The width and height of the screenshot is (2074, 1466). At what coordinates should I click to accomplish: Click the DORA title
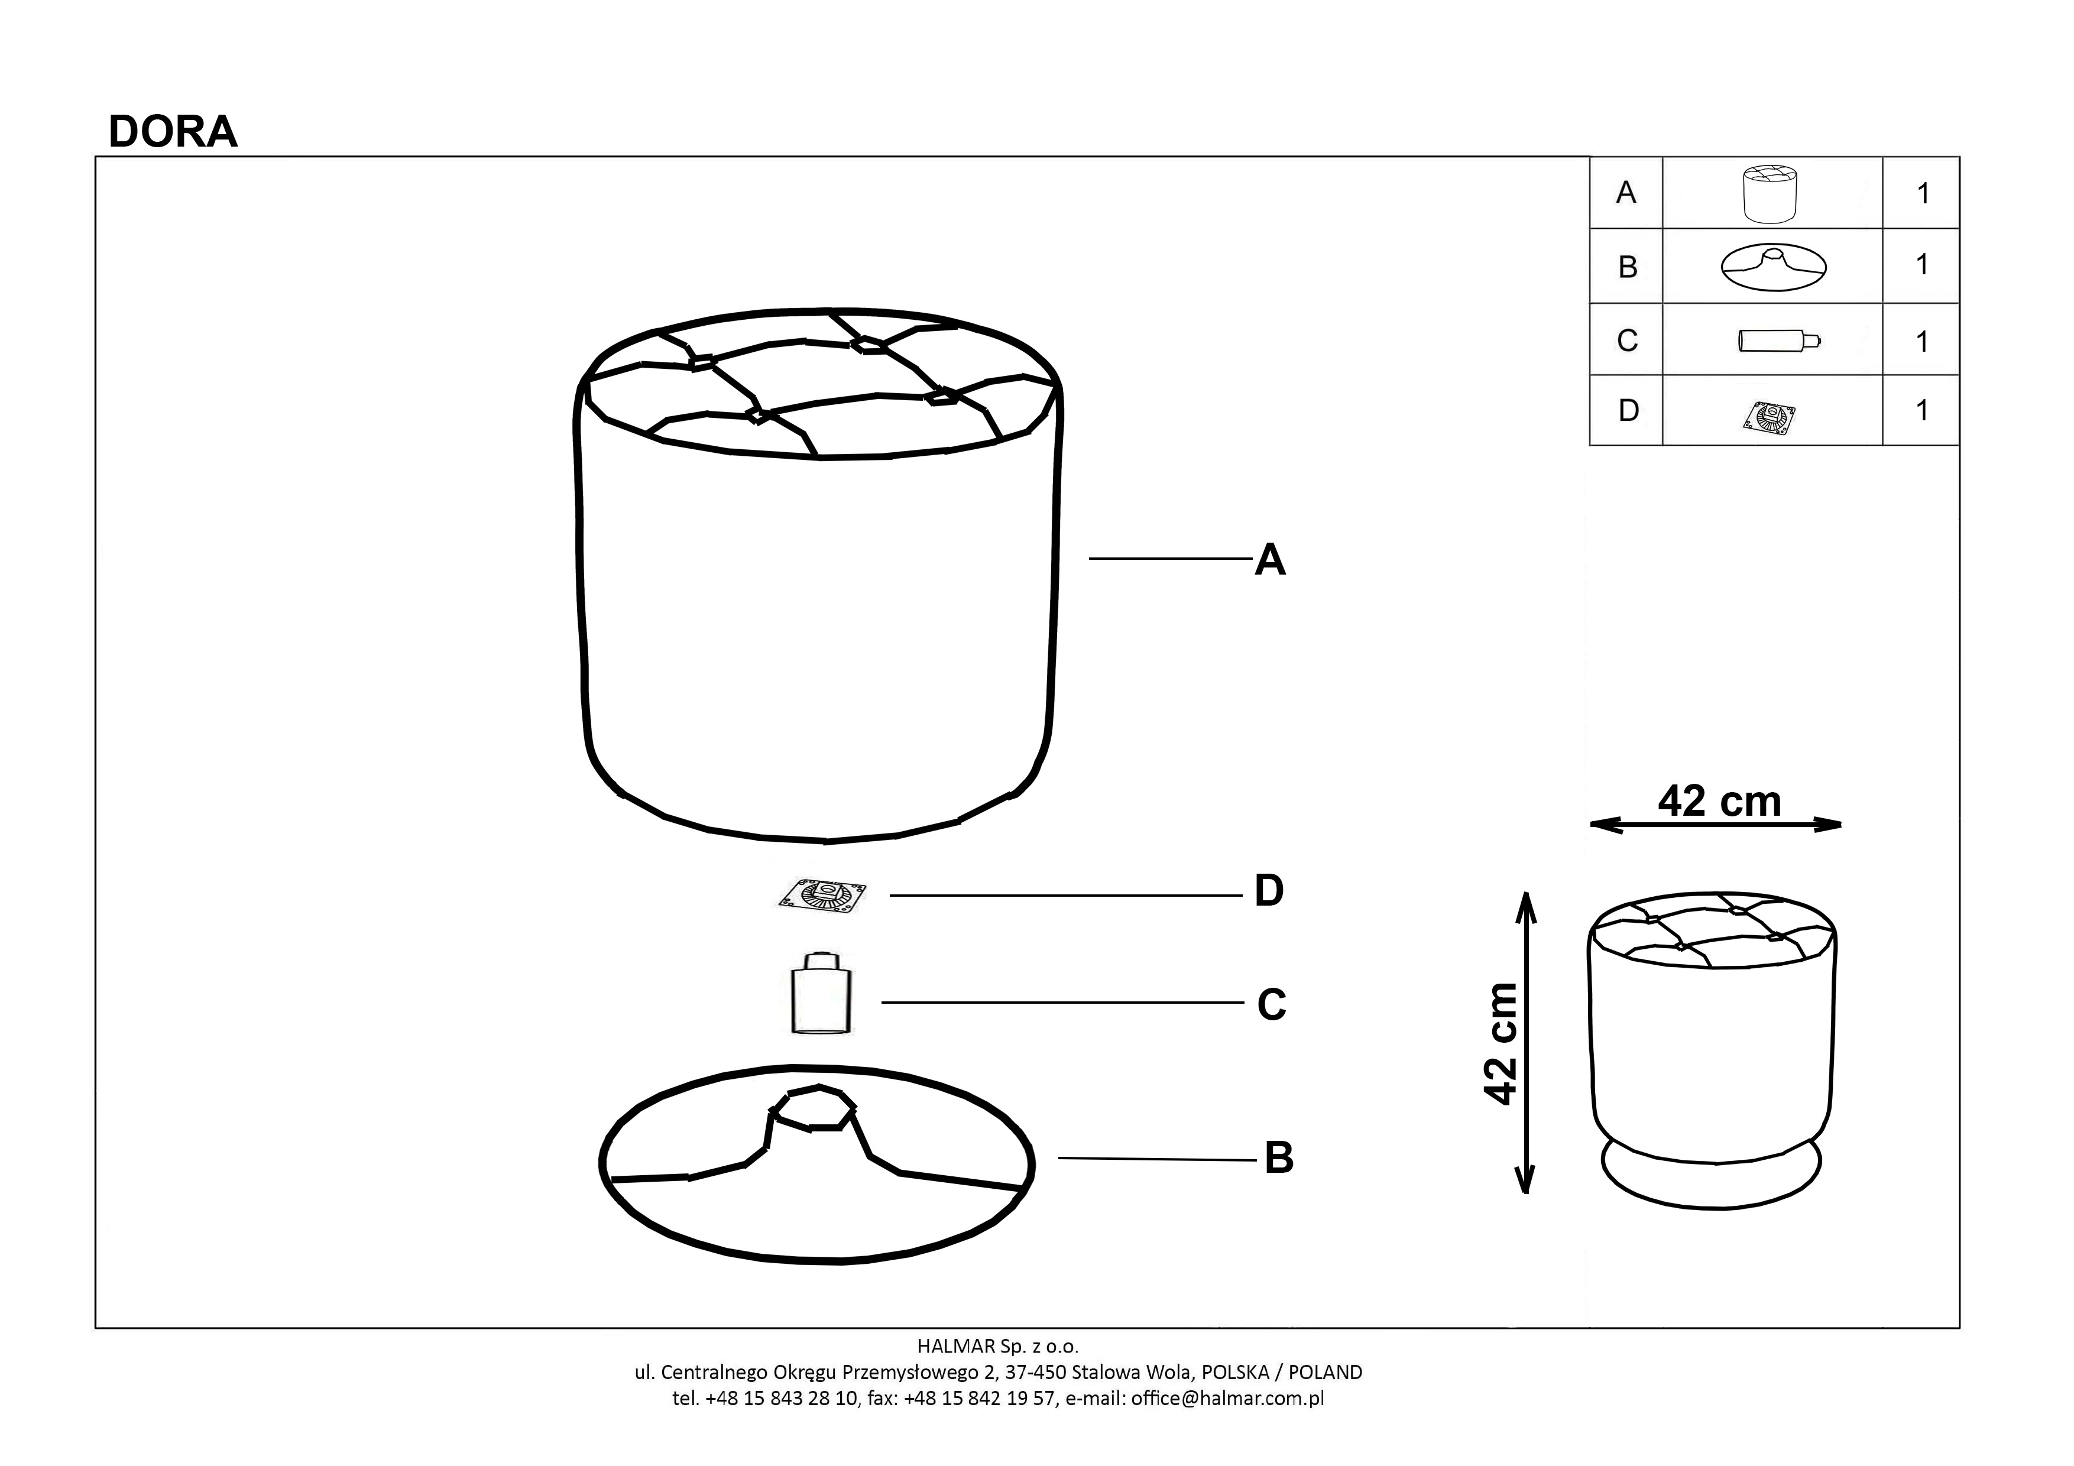click(173, 132)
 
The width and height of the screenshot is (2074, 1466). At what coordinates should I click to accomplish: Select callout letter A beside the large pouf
click(1270, 559)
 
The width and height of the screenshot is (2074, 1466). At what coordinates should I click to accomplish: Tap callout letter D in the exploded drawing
click(1269, 891)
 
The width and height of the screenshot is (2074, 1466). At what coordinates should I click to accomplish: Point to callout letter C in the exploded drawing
click(1272, 1004)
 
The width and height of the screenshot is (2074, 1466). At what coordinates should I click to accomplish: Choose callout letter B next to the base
click(1279, 1158)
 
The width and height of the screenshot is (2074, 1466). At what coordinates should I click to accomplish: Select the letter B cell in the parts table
click(1628, 267)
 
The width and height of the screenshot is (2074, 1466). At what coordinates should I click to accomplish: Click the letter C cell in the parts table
click(1628, 340)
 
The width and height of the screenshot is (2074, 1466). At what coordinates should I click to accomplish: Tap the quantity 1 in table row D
click(1922, 411)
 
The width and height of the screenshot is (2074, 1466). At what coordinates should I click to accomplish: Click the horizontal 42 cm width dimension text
click(1719, 801)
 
